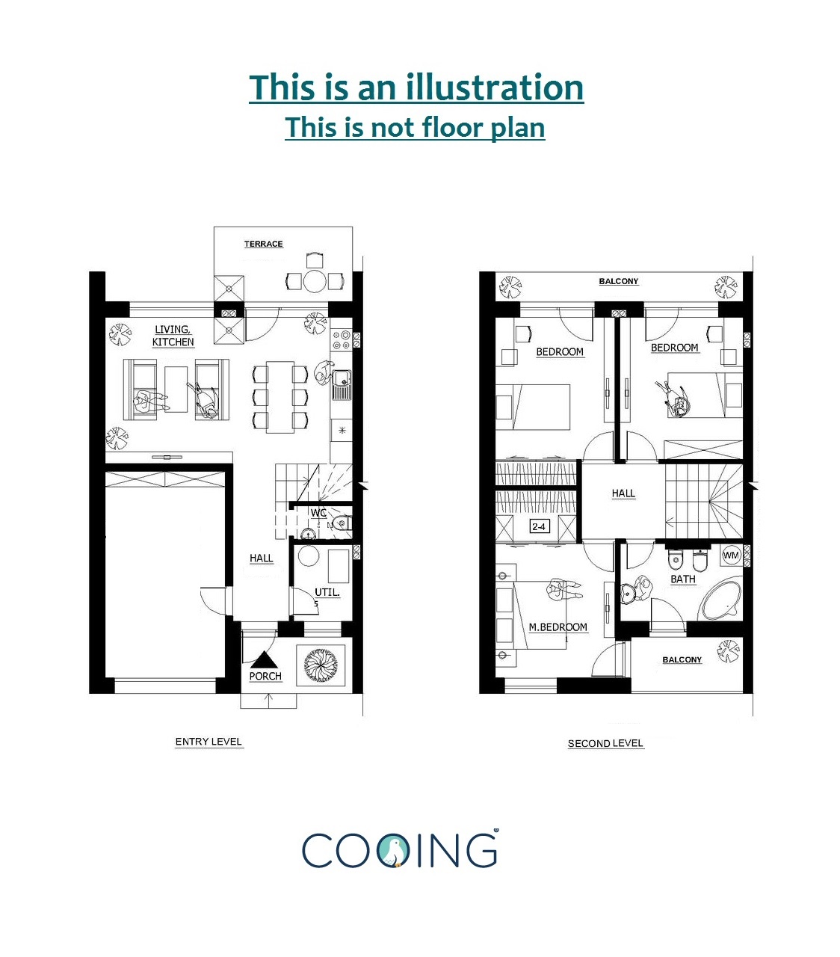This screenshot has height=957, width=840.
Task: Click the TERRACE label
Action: point(263,244)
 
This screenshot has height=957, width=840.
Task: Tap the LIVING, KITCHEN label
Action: point(173,336)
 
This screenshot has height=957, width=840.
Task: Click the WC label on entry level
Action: point(318,513)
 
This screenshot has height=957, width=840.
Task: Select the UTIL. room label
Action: point(327,592)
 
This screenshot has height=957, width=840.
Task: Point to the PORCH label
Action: point(265,676)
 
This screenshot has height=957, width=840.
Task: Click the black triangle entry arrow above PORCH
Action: point(265,660)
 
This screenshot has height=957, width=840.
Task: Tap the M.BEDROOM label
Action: point(558,627)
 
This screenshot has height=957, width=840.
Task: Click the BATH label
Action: point(682,579)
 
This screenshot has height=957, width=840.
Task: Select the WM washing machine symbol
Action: point(731,555)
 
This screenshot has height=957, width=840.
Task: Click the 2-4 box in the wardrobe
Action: point(538,526)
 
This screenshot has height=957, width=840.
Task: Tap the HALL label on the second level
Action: point(623,493)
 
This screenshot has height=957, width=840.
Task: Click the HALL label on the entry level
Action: point(261,558)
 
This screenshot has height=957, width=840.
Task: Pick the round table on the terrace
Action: point(315,281)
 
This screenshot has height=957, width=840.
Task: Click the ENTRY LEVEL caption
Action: point(209,742)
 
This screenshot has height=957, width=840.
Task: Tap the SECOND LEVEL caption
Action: point(605,743)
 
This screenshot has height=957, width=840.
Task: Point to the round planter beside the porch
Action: point(320,664)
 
